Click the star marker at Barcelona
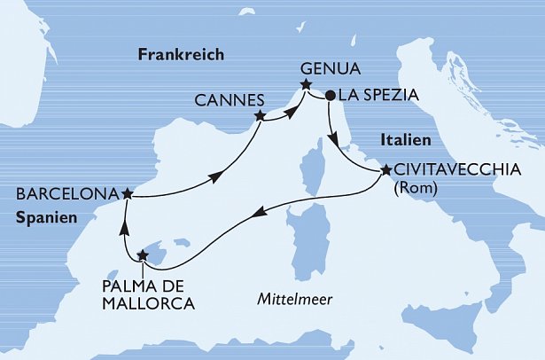(128, 192)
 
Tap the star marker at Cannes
(260, 115)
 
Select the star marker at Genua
(306, 86)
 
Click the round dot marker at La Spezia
(329, 94)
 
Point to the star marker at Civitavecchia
(385, 169)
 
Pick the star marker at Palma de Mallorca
(143, 256)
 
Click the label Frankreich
(181, 55)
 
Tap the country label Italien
(405, 140)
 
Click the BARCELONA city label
(66, 193)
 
